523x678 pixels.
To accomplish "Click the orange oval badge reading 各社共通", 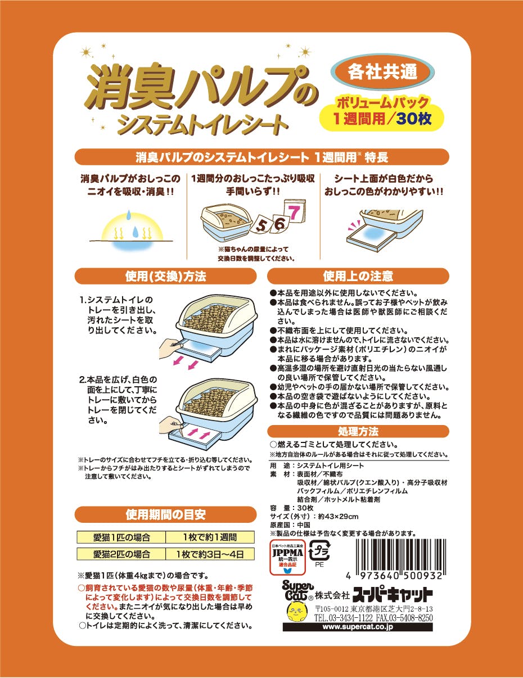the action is [x=382, y=72].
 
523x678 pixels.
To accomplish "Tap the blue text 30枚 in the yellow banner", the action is [x=414, y=119].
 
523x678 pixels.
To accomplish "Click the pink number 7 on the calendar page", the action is [x=294, y=213].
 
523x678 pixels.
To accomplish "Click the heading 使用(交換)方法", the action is [x=165, y=277].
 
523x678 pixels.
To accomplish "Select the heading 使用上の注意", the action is [x=358, y=276].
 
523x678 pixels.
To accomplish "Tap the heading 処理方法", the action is [x=358, y=431].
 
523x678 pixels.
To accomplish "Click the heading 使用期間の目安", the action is [x=165, y=514].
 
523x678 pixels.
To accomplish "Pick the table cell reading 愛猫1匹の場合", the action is [x=121, y=537].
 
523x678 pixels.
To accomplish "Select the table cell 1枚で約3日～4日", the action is [x=210, y=554].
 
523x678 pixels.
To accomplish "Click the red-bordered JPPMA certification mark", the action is [x=287, y=558].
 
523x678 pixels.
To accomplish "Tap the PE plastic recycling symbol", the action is [x=319, y=554].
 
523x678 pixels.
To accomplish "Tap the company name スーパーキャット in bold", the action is [x=393, y=595].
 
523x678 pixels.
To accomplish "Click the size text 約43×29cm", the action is [x=338, y=517].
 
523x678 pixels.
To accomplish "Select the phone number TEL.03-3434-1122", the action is [x=344, y=618].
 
